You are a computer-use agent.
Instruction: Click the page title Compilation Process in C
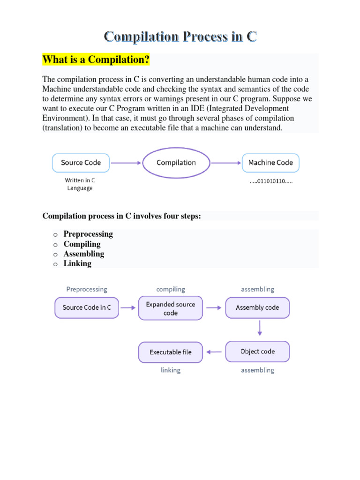180,37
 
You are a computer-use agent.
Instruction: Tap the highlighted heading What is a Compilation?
96,60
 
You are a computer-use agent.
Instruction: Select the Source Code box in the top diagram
81,163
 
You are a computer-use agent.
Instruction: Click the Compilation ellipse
176,163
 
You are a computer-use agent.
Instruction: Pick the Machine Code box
270,163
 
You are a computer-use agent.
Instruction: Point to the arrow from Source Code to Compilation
126,163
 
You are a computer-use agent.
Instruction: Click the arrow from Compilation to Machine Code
225,163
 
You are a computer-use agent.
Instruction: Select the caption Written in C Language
80,184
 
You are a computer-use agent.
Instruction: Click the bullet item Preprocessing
88,234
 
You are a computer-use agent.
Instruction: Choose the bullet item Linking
77,263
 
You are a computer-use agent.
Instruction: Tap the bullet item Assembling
84,254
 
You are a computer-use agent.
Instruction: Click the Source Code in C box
87,307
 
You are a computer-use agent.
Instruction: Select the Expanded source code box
171,308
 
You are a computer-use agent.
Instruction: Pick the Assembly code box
257,307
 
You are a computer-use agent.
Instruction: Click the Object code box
257,352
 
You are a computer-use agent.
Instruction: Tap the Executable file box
171,352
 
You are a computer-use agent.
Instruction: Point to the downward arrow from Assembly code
260,328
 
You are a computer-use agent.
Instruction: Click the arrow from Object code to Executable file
214,352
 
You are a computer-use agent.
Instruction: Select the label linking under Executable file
171,370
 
